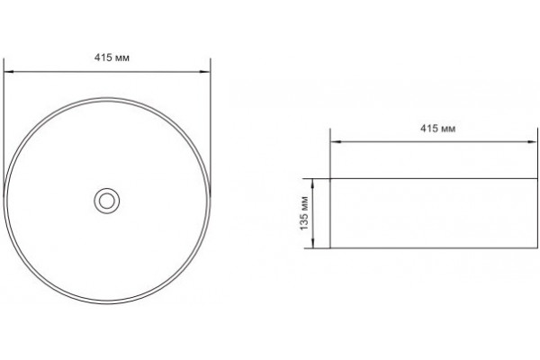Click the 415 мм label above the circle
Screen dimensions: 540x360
(112, 58)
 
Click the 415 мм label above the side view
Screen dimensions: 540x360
(438, 129)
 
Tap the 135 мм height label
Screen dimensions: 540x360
(304, 213)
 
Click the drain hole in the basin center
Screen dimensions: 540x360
(107, 201)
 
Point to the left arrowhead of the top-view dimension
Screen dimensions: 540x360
(8, 72)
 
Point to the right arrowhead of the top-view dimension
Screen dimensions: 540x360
(205, 72)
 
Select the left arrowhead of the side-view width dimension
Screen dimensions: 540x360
(336, 141)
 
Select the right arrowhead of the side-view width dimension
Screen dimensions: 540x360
(532, 141)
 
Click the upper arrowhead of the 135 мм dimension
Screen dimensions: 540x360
(312, 184)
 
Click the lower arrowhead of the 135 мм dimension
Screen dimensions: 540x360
(312, 243)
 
